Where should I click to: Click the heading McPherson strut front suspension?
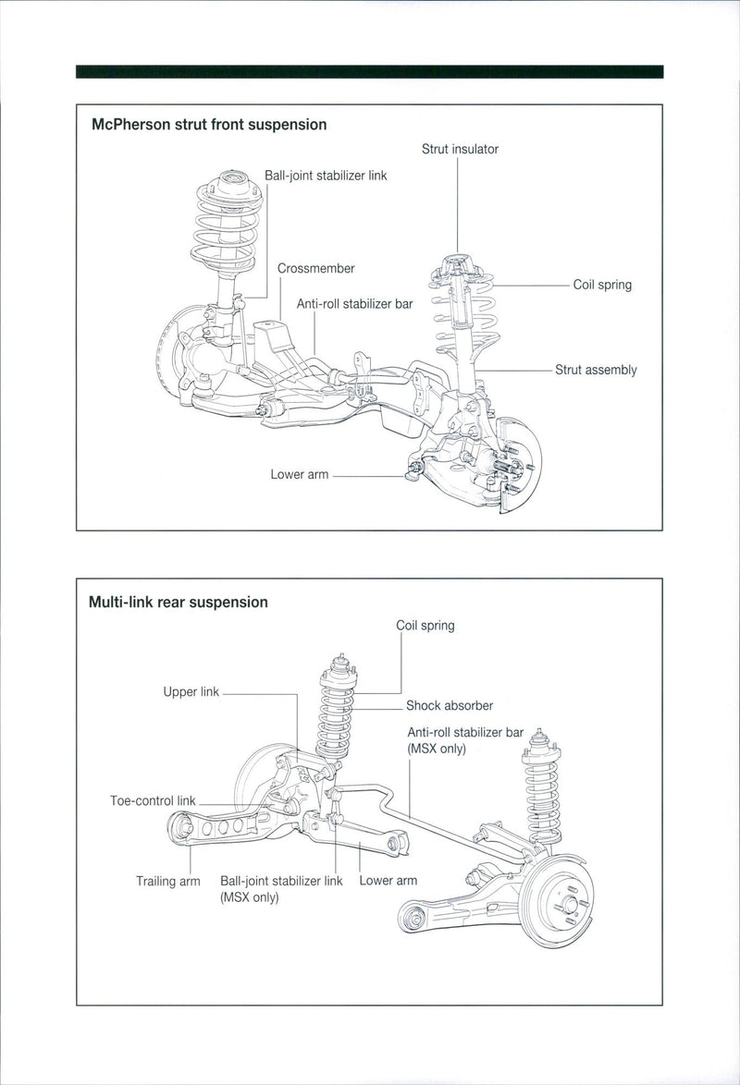(x=208, y=124)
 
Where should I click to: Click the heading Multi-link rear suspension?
(x=178, y=602)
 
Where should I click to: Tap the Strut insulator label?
(x=460, y=149)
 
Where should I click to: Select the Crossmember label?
(x=315, y=268)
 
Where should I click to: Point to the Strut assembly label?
(x=596, y=370)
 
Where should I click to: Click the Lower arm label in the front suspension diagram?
(x=299, y=474)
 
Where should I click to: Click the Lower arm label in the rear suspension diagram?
(x=388, y=880)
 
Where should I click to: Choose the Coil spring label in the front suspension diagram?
(x=602, y=285)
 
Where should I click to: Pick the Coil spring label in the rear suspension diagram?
(x=425, y=626)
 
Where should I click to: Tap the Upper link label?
(x=191, y=691)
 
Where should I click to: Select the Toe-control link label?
(x=153, y=800)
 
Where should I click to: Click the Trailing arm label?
(x=168, y=881)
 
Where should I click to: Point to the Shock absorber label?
(x=450, y=705)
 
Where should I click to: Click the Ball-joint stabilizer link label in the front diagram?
(x=326, y=175)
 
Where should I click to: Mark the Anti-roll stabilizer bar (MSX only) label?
(x=465, y=740)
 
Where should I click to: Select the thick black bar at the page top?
(x=370, y=71)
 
